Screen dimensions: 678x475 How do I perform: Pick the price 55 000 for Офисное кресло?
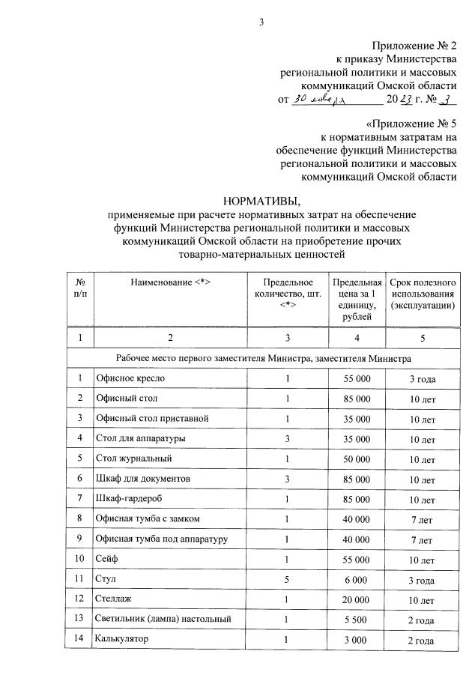click(357, 379)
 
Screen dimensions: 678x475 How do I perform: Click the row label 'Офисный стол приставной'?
click(151, 417)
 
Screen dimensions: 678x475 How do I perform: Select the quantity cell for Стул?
click(286, 579)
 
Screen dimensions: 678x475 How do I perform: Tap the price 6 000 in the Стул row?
click(357, 579)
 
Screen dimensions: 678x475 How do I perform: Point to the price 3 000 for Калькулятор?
click(357, 639)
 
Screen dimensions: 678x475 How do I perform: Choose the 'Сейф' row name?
click(106, 558)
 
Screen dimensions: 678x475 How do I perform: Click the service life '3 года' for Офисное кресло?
click(423, 379)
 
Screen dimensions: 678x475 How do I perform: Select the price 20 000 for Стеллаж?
click(357, 599)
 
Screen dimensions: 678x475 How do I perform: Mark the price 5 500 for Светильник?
click(357, 619)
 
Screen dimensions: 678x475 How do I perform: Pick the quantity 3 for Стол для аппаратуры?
click(286, 438)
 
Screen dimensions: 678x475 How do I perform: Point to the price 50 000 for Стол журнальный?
click(357, 458)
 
